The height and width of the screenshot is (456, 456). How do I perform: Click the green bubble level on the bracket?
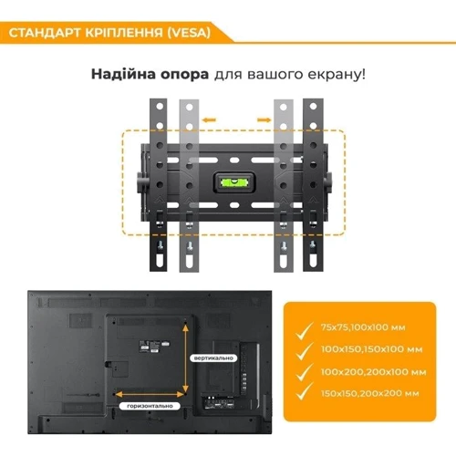231,181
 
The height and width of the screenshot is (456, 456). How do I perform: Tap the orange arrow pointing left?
211,119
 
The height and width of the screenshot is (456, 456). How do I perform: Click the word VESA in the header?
187,33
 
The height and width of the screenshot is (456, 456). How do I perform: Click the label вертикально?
212,358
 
